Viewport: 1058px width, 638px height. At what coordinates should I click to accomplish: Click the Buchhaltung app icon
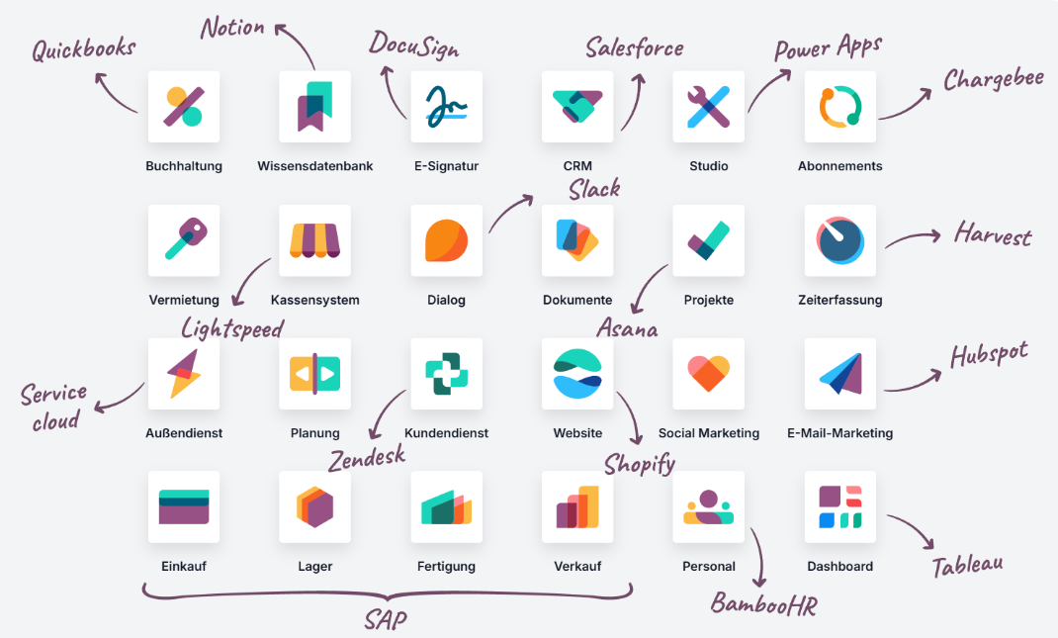(x=184, y=107)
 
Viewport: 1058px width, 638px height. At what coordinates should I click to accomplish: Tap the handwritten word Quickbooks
(x=83, y=49)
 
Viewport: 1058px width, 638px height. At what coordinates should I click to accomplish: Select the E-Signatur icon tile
(x=447, y=107)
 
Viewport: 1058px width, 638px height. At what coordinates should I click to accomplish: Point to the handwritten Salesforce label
(x=634, y=46)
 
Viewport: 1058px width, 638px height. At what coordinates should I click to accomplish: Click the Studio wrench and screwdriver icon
(x=709, y=107)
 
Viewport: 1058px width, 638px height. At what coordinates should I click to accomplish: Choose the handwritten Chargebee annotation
(x=993, y=79)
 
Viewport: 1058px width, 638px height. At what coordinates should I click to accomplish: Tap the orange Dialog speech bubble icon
(x=447, y=240)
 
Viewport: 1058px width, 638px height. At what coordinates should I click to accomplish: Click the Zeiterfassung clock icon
(x=840, y=240)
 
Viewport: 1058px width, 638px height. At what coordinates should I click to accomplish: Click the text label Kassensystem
(x=315, y=300)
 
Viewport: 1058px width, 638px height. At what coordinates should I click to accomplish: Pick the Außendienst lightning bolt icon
(x=184, y=374)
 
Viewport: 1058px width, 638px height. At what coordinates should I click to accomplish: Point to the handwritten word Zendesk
(x=367, y=457)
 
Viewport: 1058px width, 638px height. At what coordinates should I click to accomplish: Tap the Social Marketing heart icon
(x=709, y=374)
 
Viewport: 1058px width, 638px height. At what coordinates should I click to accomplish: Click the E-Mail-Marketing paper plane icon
(x=840, y=374)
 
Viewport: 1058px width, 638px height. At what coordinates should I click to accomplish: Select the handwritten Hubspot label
(x=989, y=355)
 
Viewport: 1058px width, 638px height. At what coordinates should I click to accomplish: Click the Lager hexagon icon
(x=315, y=506)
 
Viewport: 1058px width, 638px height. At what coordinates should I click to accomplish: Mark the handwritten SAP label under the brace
(x=385, y=620)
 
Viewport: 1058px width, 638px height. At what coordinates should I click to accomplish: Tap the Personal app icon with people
(x=709, y=506)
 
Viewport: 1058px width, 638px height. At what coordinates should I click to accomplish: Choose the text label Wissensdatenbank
(x=315, y=166)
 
